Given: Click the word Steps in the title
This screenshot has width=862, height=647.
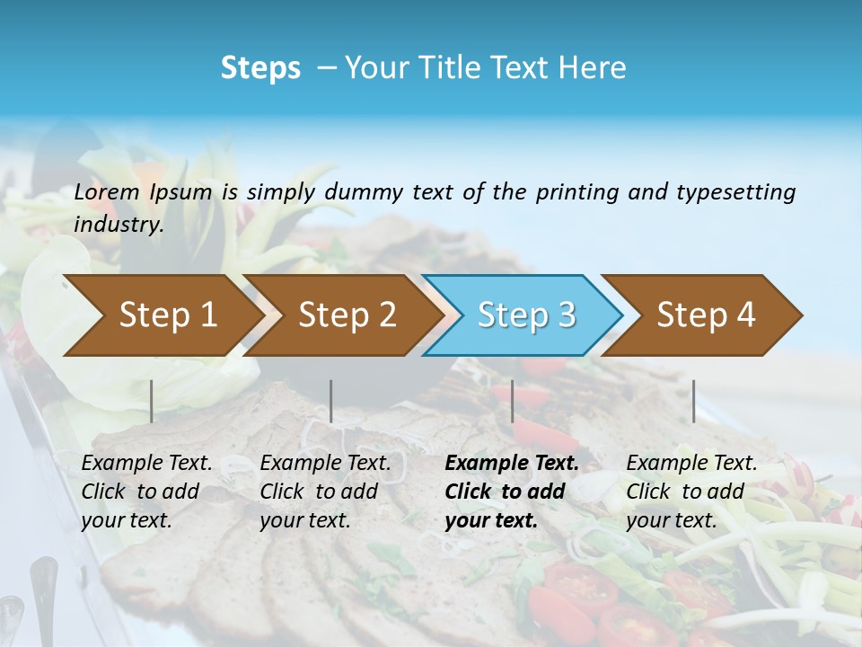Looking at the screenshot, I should [260, 68].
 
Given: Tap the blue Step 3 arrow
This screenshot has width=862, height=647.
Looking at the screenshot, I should [526, 315].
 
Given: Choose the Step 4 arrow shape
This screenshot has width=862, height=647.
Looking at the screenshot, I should [706, 315].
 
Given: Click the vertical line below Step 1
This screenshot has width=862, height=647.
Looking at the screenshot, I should [152, 401].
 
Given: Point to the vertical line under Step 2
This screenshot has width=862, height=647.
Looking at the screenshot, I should [331, 401].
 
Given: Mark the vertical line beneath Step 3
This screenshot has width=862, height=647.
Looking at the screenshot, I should [512, 401].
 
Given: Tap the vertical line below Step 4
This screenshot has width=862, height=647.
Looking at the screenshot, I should [694, 401].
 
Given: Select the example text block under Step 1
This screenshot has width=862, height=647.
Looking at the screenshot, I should [146, 491].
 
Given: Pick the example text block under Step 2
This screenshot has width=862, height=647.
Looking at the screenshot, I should [325, 491].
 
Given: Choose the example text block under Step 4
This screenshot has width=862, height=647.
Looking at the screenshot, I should [691, 491].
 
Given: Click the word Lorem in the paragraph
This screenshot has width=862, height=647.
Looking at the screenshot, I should [107, 191].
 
